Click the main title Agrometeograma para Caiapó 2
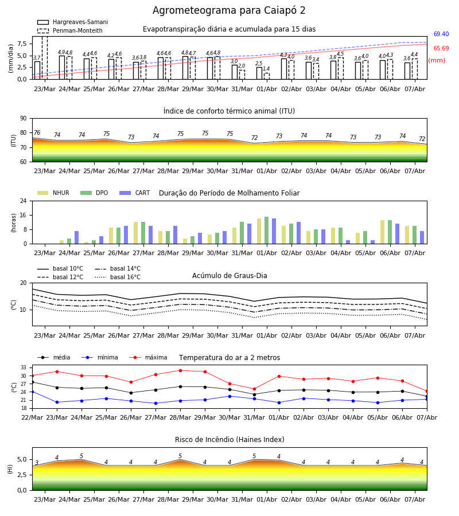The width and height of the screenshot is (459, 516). tap(229, 10)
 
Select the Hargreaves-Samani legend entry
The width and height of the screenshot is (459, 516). tap(72, 22)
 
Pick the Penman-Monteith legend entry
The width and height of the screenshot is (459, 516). tap(70, 30)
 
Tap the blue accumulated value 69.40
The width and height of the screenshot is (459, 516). tap(441, 34)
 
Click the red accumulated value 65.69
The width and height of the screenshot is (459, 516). tap(441, 48)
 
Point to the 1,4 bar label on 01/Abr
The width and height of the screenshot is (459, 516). tap(266, 69)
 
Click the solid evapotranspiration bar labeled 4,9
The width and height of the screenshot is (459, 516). tap(62, 68)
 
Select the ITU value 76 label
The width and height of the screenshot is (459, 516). tap(37, 132)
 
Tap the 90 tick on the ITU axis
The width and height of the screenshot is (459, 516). tap(24, 119)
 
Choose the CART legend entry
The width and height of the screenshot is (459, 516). tap(135, 193)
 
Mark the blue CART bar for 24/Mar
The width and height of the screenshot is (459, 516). tap(77, 237)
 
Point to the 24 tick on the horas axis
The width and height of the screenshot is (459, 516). tap(24, 201)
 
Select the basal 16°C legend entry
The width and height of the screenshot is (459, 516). tap(118, 277)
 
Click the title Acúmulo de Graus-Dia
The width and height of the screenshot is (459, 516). tap(229, 276)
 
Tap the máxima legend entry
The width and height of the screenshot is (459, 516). tap(148, 357)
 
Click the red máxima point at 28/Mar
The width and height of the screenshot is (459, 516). tap(180, 370)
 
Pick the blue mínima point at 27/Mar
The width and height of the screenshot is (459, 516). tap(155, 403)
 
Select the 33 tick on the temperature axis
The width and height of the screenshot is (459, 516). tap(24, 368)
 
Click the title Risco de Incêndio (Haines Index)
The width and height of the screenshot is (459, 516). tap(229, 440)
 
